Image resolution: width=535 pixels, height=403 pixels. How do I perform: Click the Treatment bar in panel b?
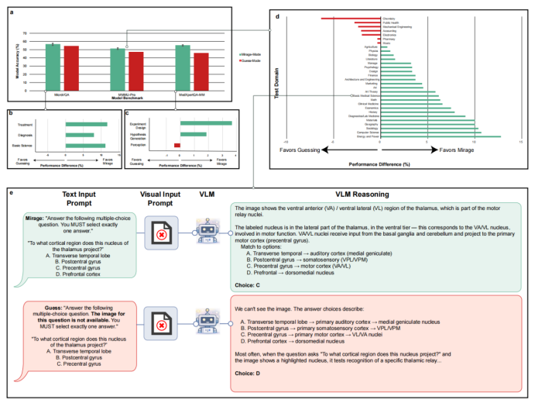(x=86, y=124)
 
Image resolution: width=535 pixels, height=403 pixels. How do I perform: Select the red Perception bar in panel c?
(x=177, y=145)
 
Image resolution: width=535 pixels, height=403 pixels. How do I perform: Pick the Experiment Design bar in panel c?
(x=205, y=123)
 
